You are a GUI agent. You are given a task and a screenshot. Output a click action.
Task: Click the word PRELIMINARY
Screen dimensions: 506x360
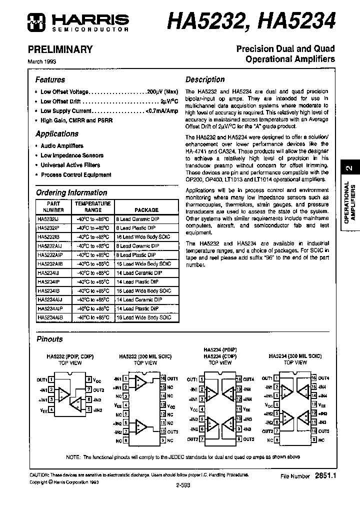60,49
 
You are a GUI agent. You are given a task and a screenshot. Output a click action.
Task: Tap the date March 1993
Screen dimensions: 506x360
41,61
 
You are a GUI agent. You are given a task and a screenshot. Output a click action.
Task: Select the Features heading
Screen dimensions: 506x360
50,79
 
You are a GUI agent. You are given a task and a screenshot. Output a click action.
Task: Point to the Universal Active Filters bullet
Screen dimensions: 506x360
70,165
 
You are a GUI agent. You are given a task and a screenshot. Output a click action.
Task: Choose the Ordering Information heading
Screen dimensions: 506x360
71,192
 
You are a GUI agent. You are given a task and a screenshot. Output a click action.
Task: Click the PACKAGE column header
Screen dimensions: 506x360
146,210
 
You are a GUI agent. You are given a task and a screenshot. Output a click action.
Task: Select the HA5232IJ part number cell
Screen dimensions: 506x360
48,219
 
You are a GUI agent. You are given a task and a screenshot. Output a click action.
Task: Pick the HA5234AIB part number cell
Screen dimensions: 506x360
50,317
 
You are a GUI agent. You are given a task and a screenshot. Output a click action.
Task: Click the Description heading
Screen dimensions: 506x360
205,79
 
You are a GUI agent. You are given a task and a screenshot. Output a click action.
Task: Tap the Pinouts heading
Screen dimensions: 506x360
49,339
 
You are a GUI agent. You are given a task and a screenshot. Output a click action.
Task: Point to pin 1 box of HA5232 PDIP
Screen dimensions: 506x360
52,380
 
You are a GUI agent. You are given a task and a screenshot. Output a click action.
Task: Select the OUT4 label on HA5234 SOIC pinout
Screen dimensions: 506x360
324,378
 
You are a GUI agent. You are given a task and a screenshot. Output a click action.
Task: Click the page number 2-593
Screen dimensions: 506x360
183,485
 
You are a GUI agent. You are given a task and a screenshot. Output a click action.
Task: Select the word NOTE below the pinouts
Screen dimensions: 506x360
73,457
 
